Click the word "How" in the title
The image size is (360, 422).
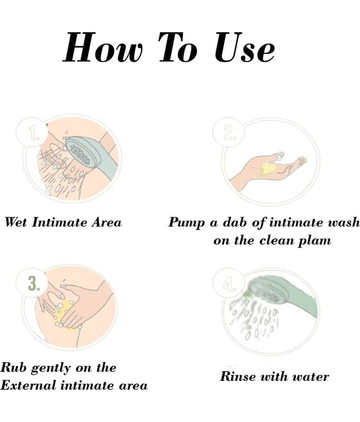(102, 47)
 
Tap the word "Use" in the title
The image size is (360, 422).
(245, 47)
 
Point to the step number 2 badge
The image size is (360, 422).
(229, 132)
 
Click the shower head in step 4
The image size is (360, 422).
(265, 292)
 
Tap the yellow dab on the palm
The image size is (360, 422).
(268, 168)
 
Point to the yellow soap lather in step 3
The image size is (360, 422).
(64, 315)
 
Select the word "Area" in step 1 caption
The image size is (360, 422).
(106, 223)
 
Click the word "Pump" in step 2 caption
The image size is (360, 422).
(186, 223)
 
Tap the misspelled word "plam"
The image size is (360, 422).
(315, 241)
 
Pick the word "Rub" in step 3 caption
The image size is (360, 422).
(14, 367)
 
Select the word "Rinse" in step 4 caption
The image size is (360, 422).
(238, 376)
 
